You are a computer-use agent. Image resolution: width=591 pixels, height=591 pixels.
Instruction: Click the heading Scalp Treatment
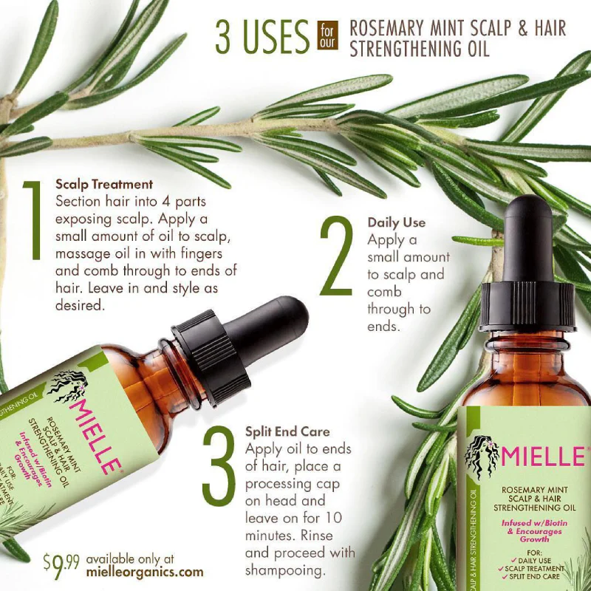[x=104, y=184]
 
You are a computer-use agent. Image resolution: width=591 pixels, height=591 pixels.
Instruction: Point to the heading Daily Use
[x=397, y=222]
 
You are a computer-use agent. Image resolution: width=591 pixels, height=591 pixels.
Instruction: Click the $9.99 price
[x=61, y=564]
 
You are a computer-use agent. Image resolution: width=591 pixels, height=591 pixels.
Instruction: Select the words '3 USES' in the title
[x=262, y=35]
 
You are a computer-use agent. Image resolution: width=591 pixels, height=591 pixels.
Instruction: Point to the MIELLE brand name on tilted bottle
[x=94, y=428]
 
